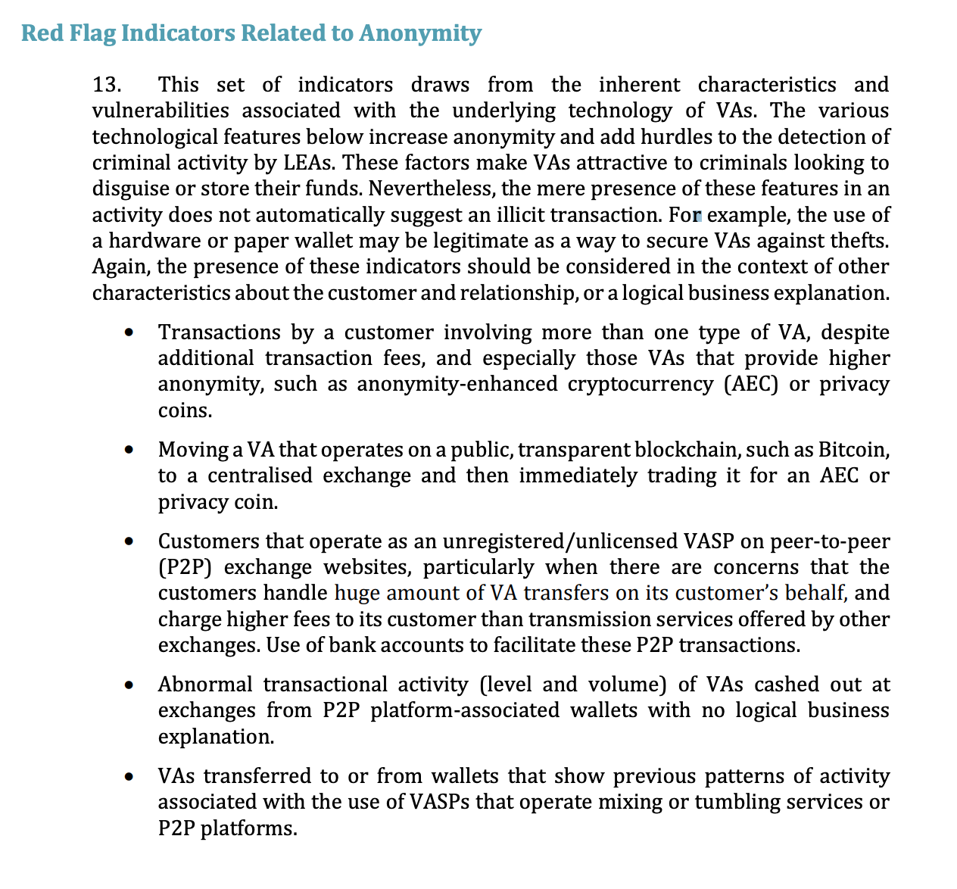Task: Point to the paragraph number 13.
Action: tap(107, 85)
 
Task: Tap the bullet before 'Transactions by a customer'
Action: tap(131, 333)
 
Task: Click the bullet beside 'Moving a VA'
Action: tap(131, 451)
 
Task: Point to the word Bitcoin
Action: tap(852, 450)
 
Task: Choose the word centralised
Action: tap(260, 476)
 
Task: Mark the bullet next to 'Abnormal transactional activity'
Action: tap(131, 685)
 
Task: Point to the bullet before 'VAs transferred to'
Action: tap(131, 777)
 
